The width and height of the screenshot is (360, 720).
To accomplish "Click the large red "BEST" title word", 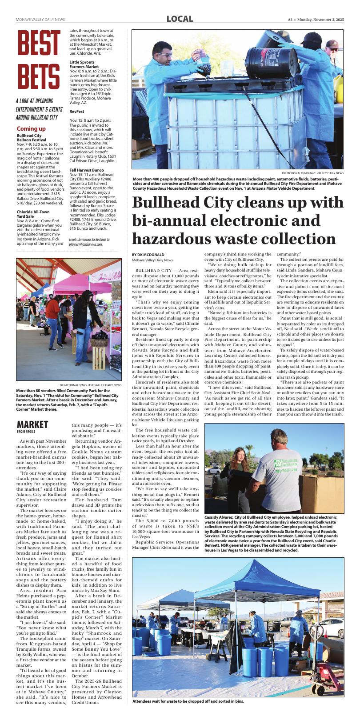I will [x=38, y=44].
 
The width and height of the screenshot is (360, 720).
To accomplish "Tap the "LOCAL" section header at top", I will [x=180, y=19].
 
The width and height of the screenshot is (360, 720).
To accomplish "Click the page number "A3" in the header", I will [x=290, y=20].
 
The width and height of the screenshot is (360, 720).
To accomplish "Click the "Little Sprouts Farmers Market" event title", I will [x=84, y=64].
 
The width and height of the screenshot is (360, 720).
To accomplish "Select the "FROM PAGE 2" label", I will [x=26, y=432].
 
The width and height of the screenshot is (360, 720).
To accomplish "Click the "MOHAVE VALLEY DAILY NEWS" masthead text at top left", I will [x=40, y=20].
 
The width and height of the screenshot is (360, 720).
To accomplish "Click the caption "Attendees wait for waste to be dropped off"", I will [x=188, y=701].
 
